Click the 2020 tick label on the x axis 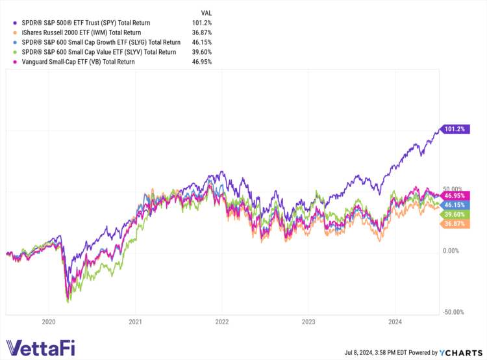tap(49, 320)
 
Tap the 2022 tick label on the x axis tap(222, 320)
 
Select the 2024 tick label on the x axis tap(395, 320)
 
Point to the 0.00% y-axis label tap(453, 251)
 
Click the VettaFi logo tap(41, 348)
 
